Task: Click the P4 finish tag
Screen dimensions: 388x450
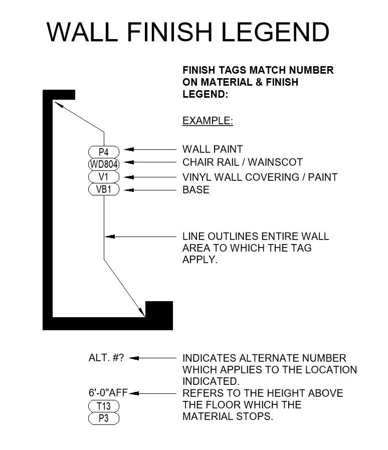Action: click(x=104, y=151)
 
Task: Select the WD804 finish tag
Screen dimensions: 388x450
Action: click(x=104, y=164)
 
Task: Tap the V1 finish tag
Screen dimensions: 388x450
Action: click(x=104, y=177)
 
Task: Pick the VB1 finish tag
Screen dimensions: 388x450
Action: click(x=104, y=190)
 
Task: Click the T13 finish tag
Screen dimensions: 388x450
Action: click(x=104, y=406)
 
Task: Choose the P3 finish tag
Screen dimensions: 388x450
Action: click(x=104, y=418)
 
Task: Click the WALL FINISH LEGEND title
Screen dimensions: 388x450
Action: click(x=188, y=32)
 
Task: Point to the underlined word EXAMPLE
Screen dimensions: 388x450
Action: click(x=208, y=121)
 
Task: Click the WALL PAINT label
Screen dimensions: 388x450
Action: click(x=213, y=149)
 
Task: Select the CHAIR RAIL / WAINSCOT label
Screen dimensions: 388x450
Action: click(x=243, y=162)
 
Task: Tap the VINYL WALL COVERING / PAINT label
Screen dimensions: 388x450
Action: click(x=260, y=177)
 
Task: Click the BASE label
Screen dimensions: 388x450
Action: click(x=196, y=190)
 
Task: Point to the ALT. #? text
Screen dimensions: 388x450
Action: click(x=106, y=358)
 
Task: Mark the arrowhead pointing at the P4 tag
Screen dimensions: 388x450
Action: click(x=129, y=149)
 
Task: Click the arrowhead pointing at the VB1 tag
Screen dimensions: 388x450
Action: click(x=129, y=190)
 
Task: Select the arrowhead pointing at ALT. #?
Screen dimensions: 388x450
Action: click(x=134, y=358)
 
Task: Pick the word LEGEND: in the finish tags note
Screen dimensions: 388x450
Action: click(x=206, y=94)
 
